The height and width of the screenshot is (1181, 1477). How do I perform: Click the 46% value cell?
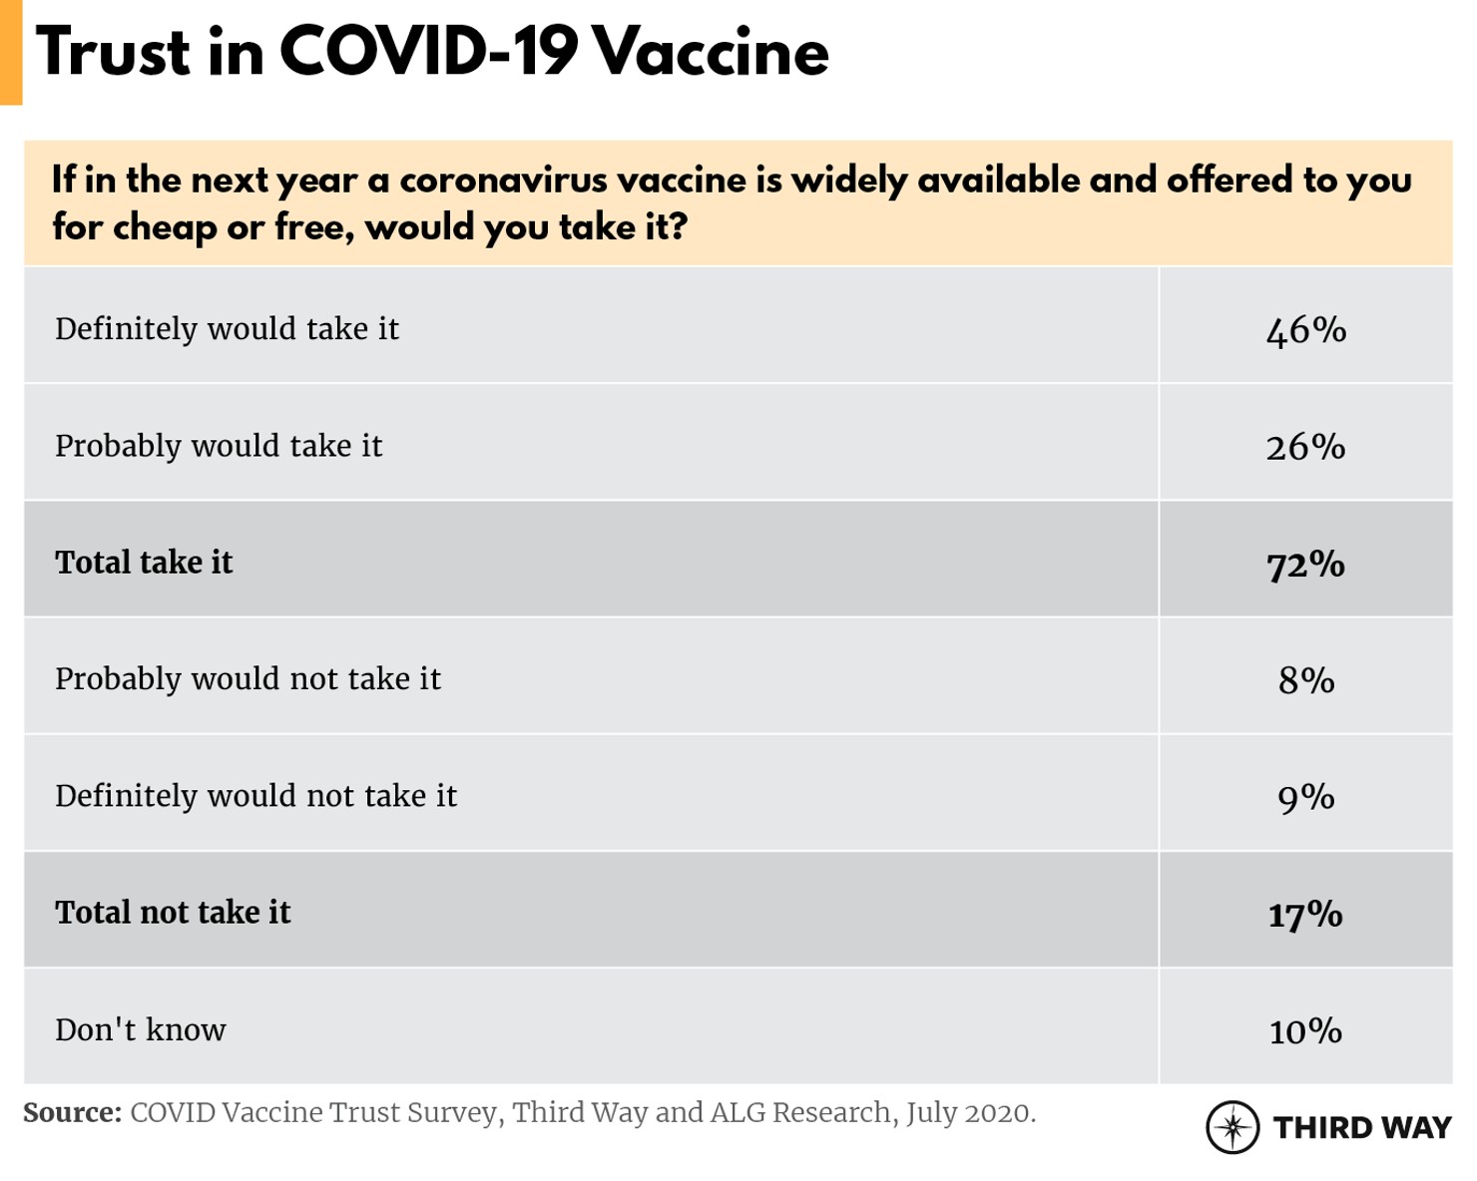point(1305,330)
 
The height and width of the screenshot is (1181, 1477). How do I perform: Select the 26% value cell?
point(1305,447)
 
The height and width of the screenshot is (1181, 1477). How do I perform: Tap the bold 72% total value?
point(1305,565)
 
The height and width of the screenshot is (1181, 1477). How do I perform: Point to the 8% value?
point(1305,680)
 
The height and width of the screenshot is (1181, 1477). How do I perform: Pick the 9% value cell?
point(1305,797)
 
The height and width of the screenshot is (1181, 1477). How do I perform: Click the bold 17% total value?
point(1305,914)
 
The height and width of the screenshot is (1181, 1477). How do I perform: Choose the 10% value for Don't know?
point(1305,1030)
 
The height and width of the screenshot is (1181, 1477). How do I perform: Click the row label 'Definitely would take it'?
point(227,329)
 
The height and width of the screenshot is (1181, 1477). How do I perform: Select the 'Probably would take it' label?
point(219,446)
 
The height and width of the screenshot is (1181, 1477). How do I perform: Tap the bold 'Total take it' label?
point(144,563)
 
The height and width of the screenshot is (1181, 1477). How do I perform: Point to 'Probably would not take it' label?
point(247,679)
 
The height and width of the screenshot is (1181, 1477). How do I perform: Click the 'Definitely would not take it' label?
point(255,796)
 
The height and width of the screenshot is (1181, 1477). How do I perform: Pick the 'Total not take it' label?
point(173,913)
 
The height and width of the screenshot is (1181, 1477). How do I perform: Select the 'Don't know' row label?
point(141,1029)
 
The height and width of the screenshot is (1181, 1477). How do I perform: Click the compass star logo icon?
point(1232,1128)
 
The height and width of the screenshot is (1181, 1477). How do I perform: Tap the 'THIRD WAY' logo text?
point(1362,1128)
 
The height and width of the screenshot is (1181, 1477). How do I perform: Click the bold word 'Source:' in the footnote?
point(72,1113)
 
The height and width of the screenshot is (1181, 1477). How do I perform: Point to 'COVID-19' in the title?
point(428,52)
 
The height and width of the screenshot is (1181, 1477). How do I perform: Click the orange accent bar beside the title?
point(11,52)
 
